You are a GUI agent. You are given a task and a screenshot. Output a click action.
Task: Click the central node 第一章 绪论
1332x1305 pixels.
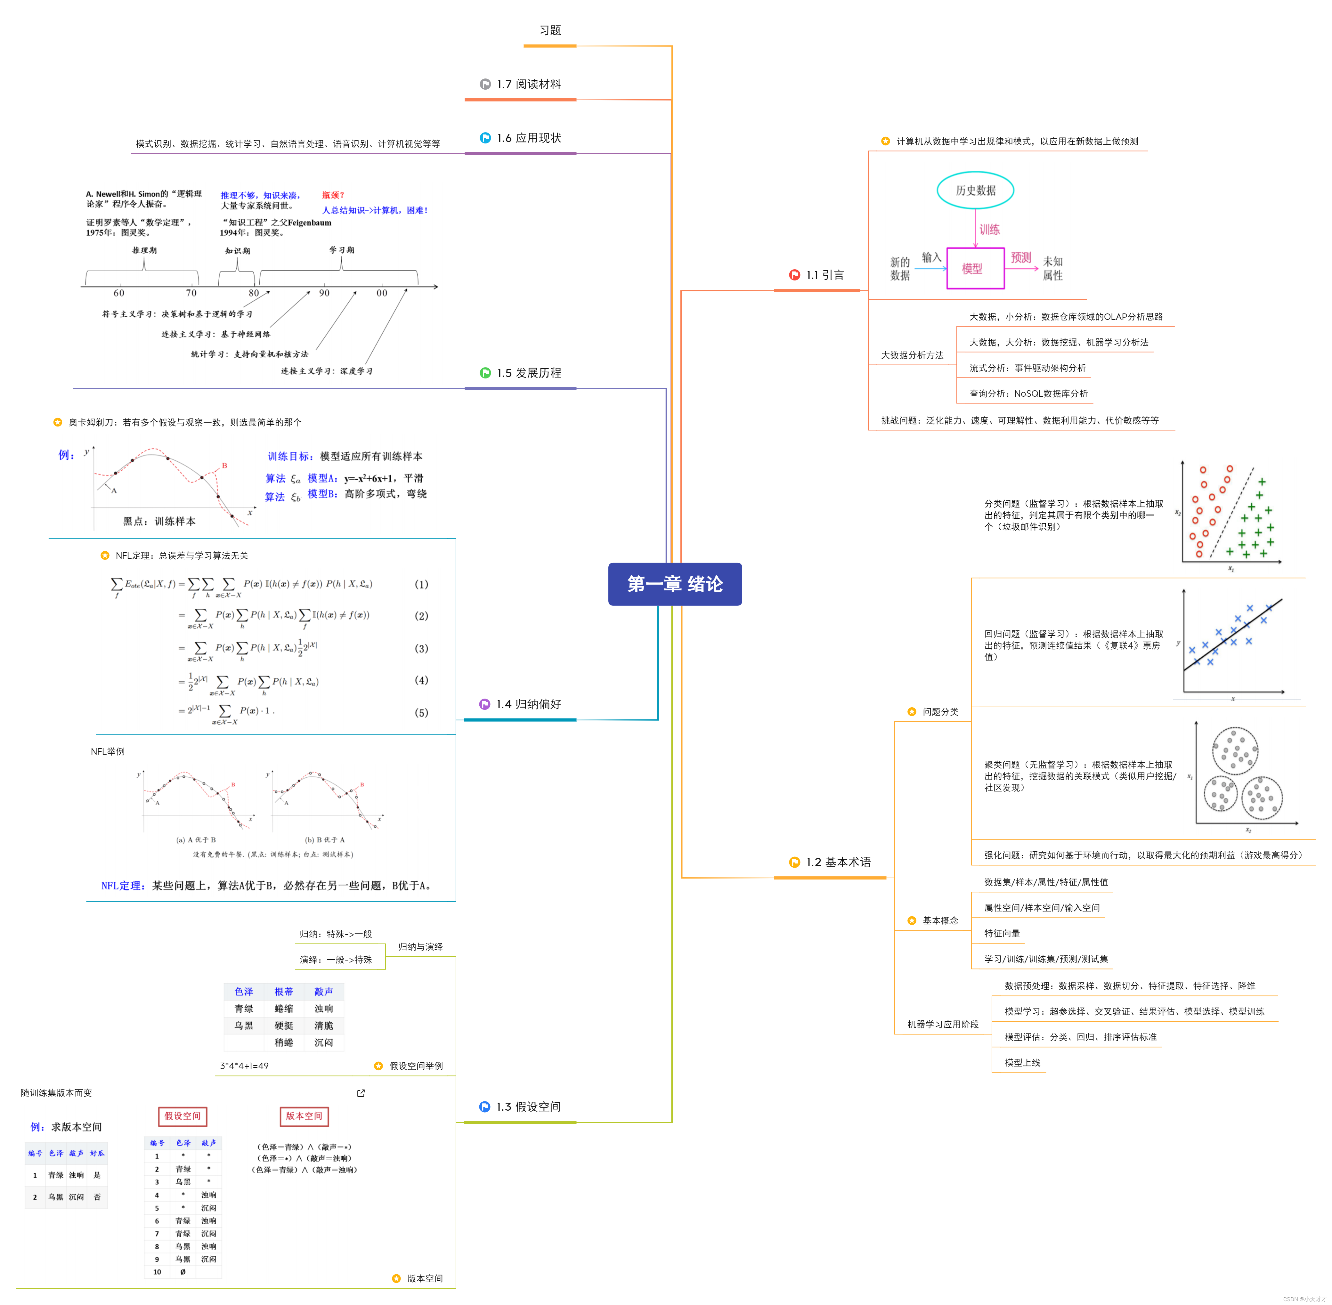coord(675,584)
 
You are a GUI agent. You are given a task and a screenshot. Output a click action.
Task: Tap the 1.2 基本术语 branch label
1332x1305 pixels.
coord(838,862)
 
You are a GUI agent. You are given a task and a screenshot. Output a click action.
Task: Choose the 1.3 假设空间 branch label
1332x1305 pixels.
coord(528,1107)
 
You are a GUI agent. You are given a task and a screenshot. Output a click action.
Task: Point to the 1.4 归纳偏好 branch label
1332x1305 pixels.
coord(528,705)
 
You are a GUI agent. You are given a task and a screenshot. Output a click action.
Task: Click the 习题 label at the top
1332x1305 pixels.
coord(550,30)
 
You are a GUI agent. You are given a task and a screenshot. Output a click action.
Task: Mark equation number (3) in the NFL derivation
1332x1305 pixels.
coord(421,648)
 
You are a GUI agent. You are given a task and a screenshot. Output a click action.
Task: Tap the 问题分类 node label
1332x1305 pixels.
coord(940,712)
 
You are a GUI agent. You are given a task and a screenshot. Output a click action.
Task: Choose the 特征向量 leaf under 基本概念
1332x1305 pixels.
coord(1002,934)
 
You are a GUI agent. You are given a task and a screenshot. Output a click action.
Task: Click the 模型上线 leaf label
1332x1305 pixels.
coord(1022,1063)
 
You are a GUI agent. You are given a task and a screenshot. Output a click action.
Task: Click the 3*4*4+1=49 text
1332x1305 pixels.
coord(244,1066)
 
